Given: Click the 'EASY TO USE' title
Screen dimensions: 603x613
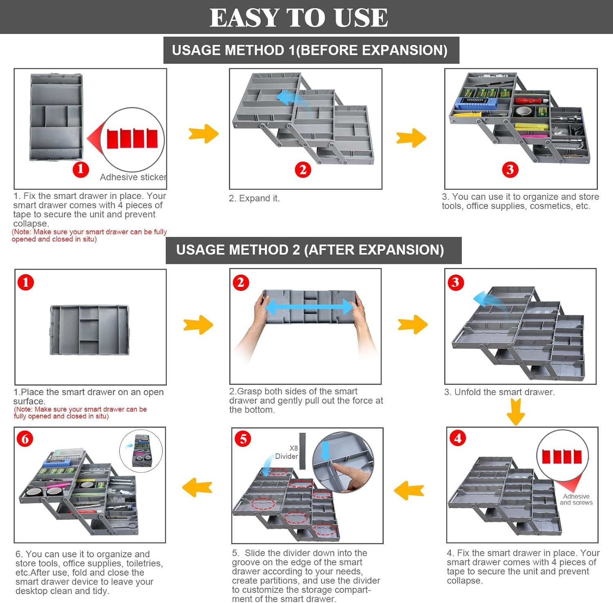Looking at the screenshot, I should [x=299, y=18].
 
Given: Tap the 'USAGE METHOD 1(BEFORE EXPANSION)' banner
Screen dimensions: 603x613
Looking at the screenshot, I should [x=310, y=50].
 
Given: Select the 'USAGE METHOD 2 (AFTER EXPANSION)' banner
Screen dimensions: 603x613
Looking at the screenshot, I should [x=310, y=250].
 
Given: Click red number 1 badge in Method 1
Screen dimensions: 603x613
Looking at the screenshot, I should [x=81, y=169].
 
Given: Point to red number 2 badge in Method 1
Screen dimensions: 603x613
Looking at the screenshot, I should [x=303, y=169].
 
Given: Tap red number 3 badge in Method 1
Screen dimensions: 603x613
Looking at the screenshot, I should [x=510, y=169].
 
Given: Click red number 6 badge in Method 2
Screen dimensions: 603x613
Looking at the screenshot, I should [x=25, y=439].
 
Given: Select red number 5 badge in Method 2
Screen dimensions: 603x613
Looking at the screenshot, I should [x=243, y=439].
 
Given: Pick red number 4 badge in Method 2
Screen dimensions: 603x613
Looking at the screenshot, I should [x=458, y=438].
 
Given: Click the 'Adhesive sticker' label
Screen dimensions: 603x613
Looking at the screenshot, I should [x=133, y=177].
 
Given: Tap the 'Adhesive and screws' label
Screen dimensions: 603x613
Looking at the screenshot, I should [x=576, y=500].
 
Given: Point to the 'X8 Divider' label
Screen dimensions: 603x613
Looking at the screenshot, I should [x=287, y=452].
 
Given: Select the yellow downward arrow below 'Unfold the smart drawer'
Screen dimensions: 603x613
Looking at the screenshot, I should [x=516, y=411].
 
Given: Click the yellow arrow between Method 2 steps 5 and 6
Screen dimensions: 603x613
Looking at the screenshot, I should [x=197, y=487].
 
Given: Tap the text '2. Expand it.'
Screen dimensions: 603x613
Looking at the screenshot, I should [x=254, y=199].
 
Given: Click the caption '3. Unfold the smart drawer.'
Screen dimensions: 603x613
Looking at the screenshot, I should [x=499, y=392].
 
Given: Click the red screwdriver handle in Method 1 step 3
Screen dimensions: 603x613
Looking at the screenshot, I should [x=527, y=100].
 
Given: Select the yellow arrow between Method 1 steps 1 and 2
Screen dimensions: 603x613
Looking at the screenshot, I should [x=204, y=134].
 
